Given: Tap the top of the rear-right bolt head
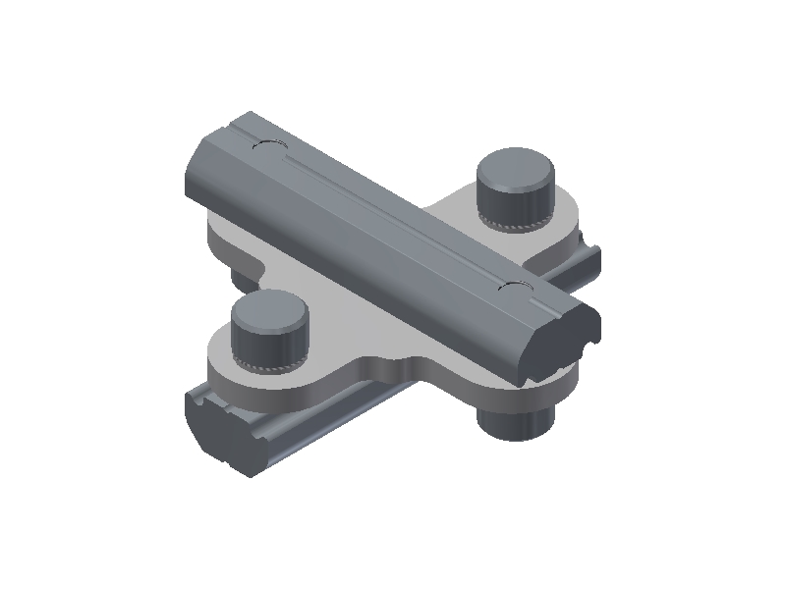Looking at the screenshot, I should coord(514,168).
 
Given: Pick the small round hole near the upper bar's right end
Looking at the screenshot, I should coord(513,287).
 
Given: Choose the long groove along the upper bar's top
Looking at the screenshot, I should coord(393,211).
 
